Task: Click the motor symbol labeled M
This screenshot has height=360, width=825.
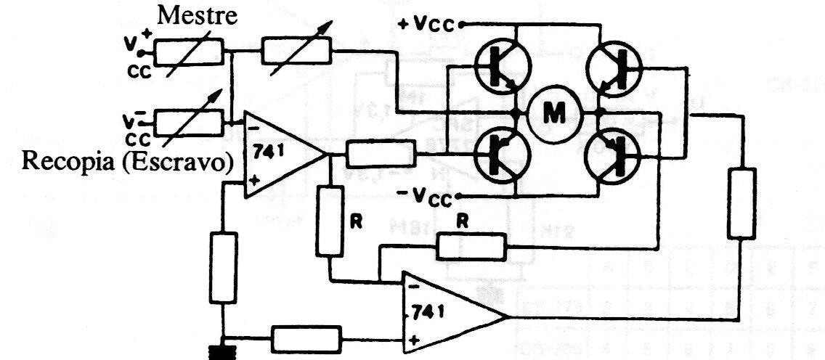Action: click(556, 112)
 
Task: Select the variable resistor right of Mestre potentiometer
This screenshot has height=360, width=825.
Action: click(296, 51)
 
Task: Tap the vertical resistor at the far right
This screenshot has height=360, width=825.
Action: click(741, 203)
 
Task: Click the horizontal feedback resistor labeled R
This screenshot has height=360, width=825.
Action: click(471, 246)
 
